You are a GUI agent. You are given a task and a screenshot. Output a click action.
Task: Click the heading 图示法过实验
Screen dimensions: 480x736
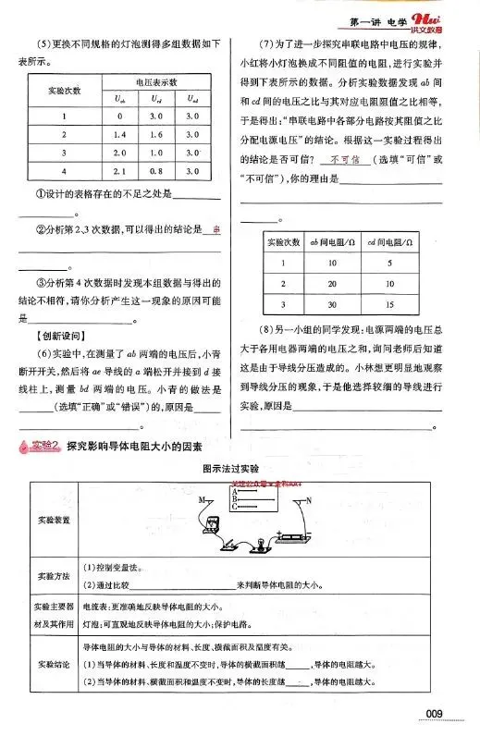pyautogui.click(x=239, y=470)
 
